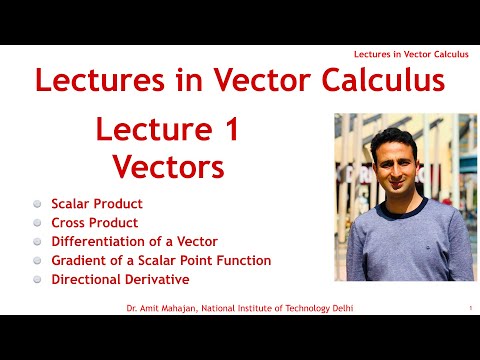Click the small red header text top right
pos(410,53)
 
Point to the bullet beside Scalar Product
pos(37,203)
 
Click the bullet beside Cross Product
pos(37,223)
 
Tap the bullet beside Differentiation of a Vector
pos(37,242)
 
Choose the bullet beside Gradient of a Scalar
pos(37,261)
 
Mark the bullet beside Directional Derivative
pos(37,280)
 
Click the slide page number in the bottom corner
pos(469,308)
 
